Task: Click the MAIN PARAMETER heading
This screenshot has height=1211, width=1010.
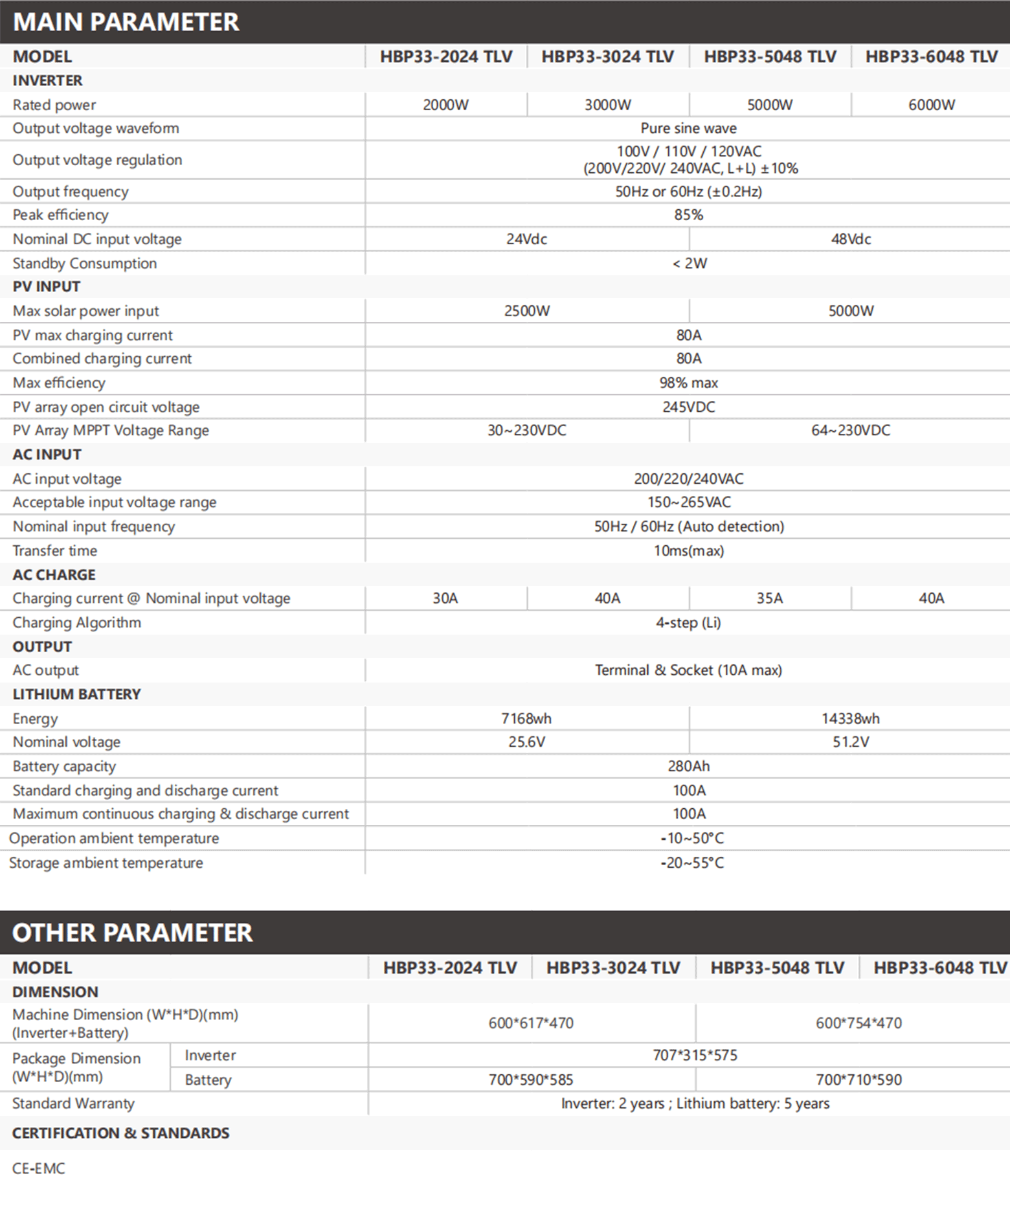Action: [126, 22]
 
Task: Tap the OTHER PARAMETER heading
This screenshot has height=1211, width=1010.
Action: [133, 933]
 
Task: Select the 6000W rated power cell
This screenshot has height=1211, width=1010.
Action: [931, 105]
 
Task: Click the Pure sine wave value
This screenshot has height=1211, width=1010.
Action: [688, 128]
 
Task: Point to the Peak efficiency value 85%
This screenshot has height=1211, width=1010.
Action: [688, 215]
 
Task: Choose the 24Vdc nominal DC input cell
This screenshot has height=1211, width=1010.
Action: [526, 239]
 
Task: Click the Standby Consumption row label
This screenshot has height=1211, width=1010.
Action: [85, 264]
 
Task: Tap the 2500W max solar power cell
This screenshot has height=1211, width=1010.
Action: [526, 311]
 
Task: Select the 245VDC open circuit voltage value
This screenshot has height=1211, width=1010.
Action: [688, 407]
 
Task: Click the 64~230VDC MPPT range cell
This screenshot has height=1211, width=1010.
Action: [850, 431]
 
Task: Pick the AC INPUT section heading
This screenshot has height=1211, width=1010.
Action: [47, 455]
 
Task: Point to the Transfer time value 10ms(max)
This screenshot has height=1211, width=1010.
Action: [688, 551]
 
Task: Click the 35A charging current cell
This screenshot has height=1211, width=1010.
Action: [769, 598]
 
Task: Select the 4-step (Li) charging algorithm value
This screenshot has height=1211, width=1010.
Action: [688, 623]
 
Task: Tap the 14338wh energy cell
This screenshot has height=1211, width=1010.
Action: [850, 719]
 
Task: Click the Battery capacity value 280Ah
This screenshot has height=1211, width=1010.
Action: [688, 767]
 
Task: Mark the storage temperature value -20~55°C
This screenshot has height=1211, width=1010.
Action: [691, 863]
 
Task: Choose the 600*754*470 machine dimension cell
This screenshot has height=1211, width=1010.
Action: [858, 1023]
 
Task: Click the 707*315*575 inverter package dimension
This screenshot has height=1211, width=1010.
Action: [694, 1056]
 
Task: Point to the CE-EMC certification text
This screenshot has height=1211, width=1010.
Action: [39, 1169]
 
